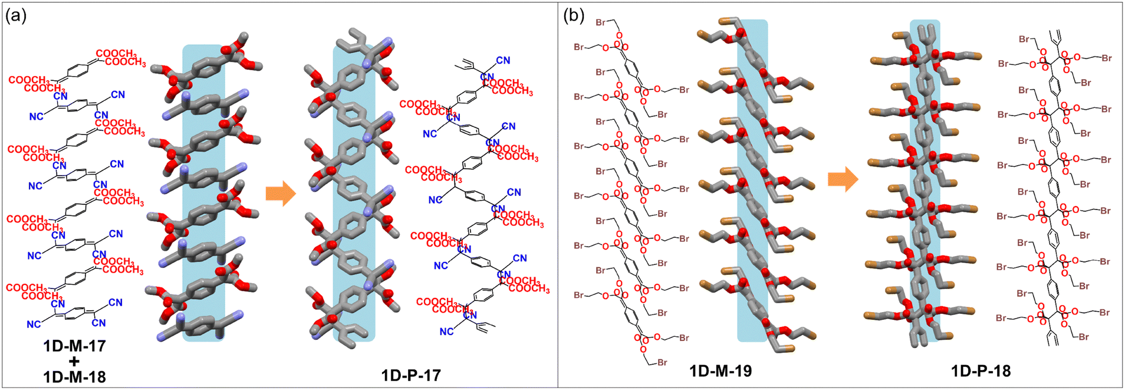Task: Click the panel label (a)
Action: [16, 16]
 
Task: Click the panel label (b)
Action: [574, 16]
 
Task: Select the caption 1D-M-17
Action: [74, 346]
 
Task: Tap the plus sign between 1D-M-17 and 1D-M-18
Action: [74, 361]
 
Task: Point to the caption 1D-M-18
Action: [74, 376]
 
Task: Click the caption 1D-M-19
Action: [721, 371]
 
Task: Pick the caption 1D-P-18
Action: [981, 371]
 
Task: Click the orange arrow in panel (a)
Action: [281, 194]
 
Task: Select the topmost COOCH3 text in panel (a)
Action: [116, 54]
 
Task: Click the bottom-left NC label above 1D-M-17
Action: [34, 325]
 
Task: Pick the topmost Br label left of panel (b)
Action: [603, 22]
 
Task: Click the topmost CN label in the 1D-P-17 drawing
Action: [503, 60]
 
